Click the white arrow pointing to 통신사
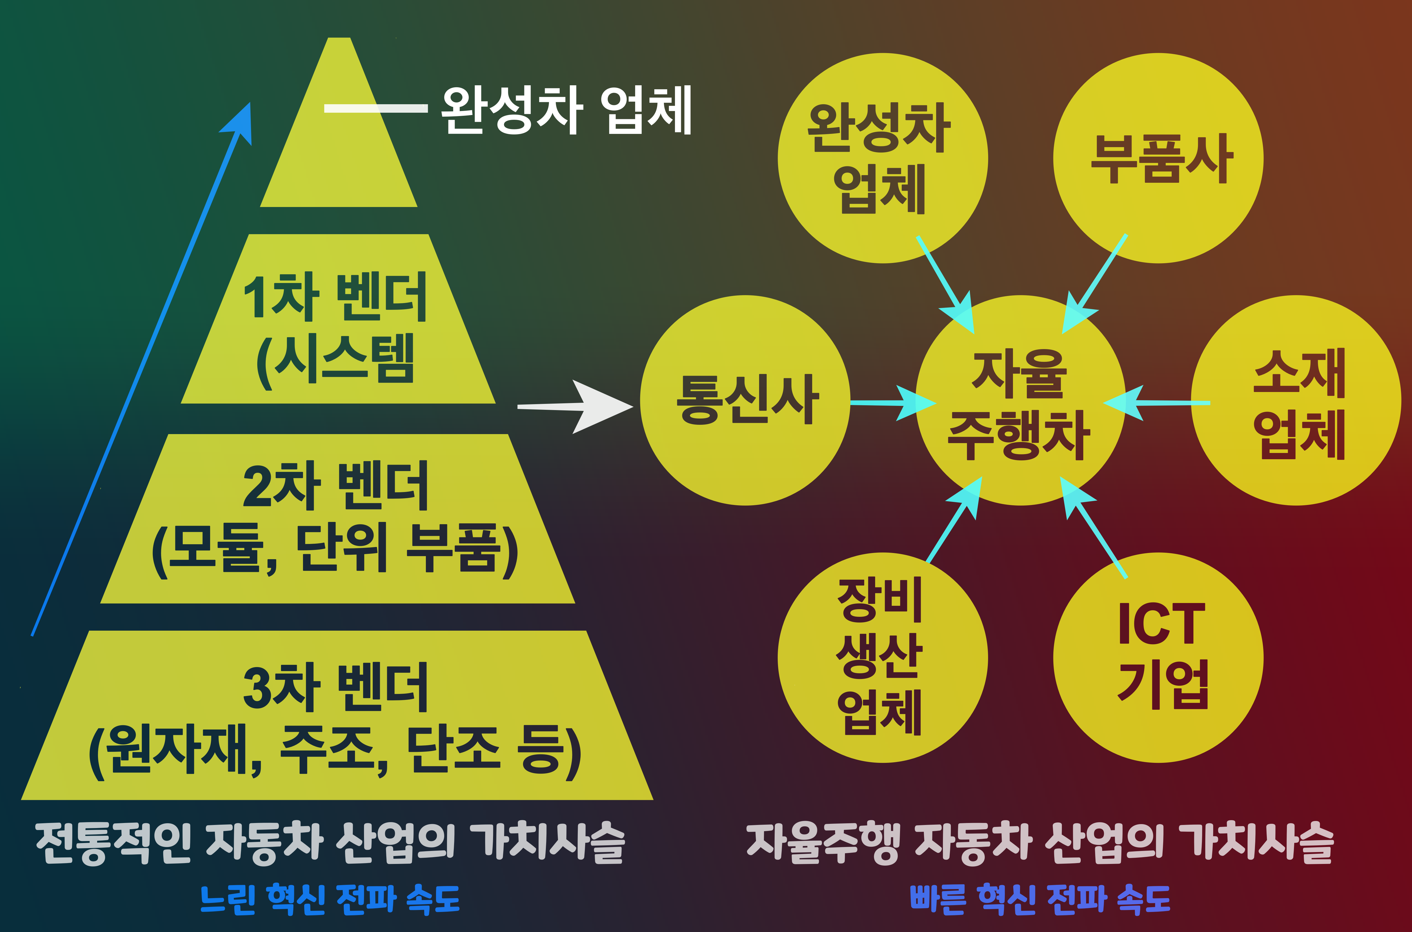576,407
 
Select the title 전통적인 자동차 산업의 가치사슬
330,843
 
